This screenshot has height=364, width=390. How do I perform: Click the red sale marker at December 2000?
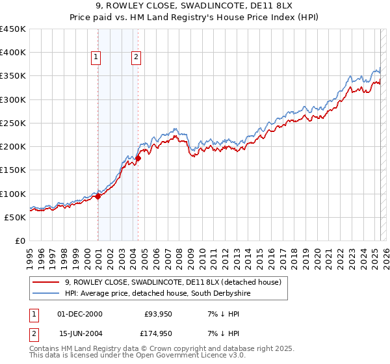click(x=97, y=196)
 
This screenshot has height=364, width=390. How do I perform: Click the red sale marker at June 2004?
click(x=138, y=158)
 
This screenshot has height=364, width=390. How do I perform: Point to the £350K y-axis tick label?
click(x=13, y=76)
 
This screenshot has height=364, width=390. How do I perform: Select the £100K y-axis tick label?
click(x=13, y=194)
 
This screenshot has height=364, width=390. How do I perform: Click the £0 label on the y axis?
click(x=19, y=240)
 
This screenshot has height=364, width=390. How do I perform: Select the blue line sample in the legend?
click(x=46, y=294)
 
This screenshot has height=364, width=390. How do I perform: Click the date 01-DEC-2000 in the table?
click(x=79, y=314)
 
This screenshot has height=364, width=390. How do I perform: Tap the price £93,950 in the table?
click(x=157, y=314)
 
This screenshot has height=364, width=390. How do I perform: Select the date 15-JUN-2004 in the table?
click(x=79, y=335)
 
